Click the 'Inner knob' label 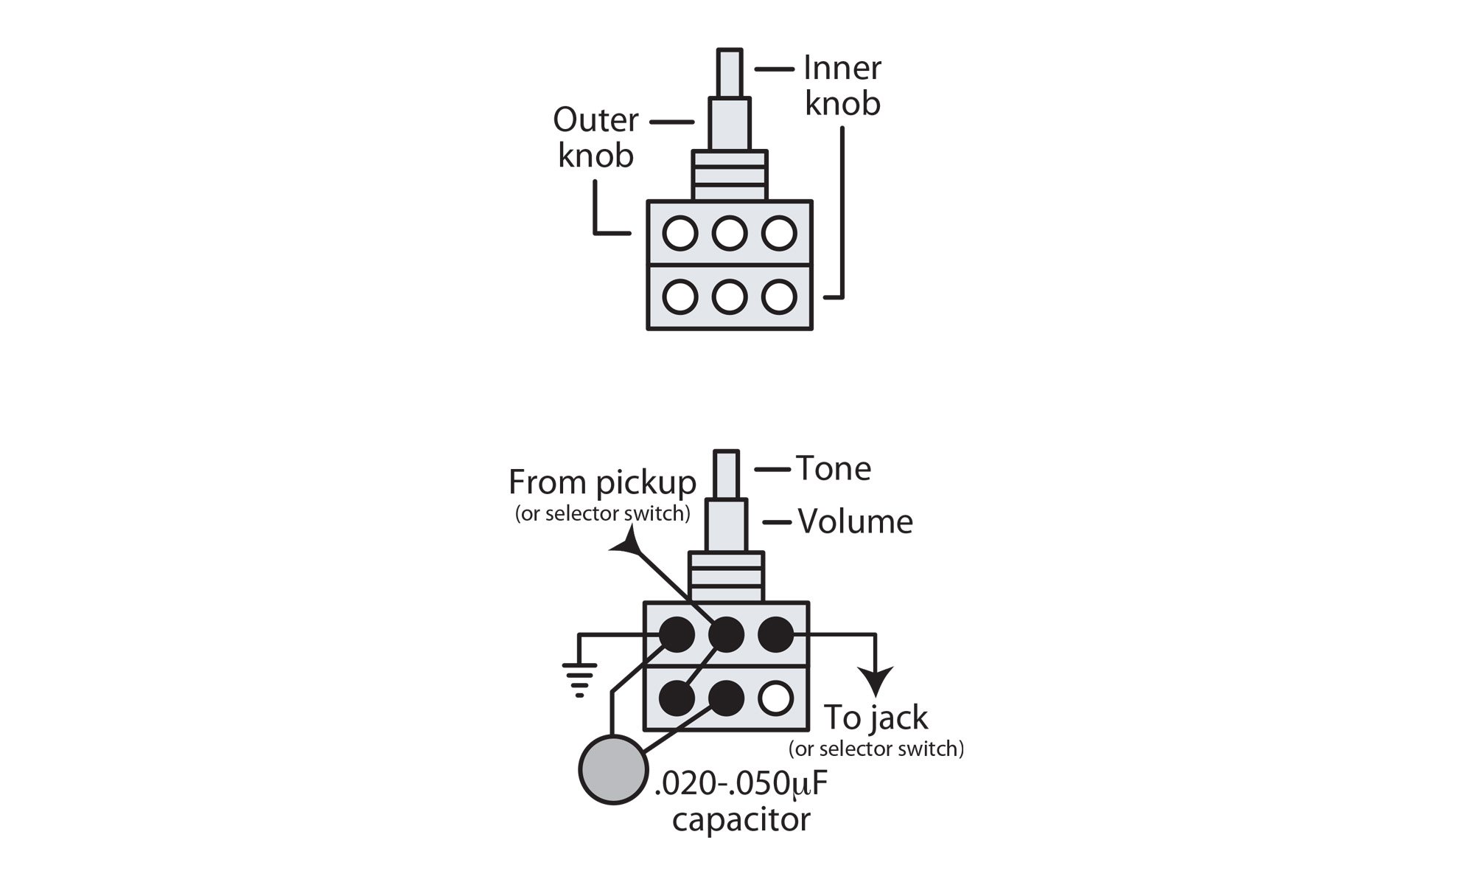click(x=842, y=86)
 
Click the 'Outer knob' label click(x=595, y=138)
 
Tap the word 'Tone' click(x=834, y=469)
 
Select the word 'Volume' click(x=855, y=522)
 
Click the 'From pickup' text click(x=602, y=484)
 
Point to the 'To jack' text click(x=876, y=717)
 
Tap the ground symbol click(x=579, y=678)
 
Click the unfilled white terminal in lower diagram click(x=775, y=698)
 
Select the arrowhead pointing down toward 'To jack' click(x=876, y=681)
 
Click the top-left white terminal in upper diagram click(x=680, y=233)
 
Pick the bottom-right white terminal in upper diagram click(x=778, y=297)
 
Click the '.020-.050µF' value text click(x=741, y=785)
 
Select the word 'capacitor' click(x=741, y=819)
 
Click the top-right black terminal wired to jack click(x=775, y=635)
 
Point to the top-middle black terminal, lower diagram click(x=726, y=635)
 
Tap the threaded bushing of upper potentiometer click(x=730, y=176)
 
